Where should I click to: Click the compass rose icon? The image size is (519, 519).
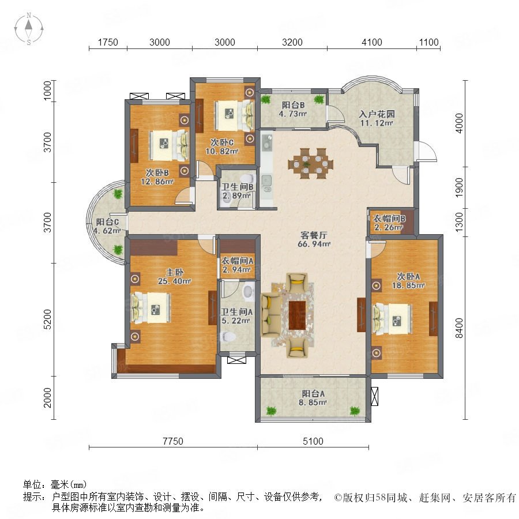tap(29, 29)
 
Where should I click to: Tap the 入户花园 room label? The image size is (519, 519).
tap(377, 114)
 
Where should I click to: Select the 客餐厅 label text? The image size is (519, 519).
tap(314, 235)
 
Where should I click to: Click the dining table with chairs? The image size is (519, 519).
tap(310, 164)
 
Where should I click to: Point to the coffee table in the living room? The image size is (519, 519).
tap(297, 315)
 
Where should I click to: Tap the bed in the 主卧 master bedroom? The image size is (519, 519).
tap(151, 307)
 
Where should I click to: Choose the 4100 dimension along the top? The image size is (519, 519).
tap(372, 42)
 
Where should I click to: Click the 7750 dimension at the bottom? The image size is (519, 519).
tap(173, 441)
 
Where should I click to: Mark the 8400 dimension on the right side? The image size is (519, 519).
tap(459, 328)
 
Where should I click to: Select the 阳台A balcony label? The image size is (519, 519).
tap(313, 393)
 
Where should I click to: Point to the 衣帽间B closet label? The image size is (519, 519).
tap(389, 219)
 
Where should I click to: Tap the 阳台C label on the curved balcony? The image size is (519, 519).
tap(107, 222)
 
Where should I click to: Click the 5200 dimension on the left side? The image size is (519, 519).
tap(48, 319)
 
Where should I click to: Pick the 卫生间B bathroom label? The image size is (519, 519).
tap(238, 187)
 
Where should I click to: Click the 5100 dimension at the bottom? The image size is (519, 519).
tap(313, 441)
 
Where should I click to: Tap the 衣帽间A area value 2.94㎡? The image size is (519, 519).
tap(236, 270)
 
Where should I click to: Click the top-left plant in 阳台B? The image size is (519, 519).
tap(265, 99)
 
